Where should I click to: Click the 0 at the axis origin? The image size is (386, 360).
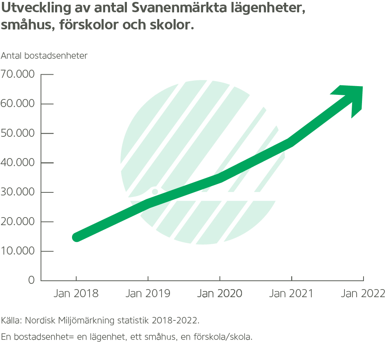[x=31, y=280]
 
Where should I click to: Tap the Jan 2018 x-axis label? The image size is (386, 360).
[x=76, y=294]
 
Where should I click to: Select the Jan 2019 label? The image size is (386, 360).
[x=148, y=294]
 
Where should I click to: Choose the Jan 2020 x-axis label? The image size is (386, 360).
[x=219, y=294]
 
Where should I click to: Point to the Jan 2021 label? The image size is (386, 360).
[x=291, y=294]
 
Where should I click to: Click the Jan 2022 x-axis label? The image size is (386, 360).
[x=363, y=294]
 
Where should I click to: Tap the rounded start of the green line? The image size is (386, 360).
[x=77, y=237]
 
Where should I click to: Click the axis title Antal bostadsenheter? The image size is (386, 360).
[x=44, y=56]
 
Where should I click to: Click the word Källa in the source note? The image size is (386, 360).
[x=11, y=320]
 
